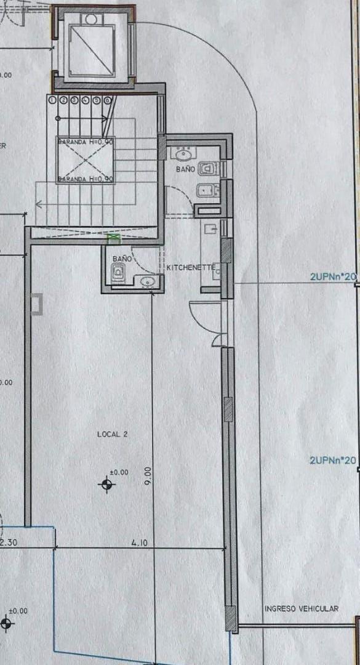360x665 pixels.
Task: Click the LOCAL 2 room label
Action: point(112,434)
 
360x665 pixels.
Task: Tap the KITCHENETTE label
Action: point(190,268)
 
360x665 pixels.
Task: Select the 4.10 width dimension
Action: point(138,543)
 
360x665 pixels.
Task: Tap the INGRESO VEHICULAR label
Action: point(302,608)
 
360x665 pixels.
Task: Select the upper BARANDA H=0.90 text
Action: point(86,142)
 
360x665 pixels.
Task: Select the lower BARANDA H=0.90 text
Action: point(86,179)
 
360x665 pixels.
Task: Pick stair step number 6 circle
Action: point(108,100)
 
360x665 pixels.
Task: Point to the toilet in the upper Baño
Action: point(209,167)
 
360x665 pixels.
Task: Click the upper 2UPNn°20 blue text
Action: point(333,277)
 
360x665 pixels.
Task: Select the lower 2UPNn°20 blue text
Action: point(333,459)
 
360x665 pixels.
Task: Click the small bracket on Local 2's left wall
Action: point(36,305)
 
